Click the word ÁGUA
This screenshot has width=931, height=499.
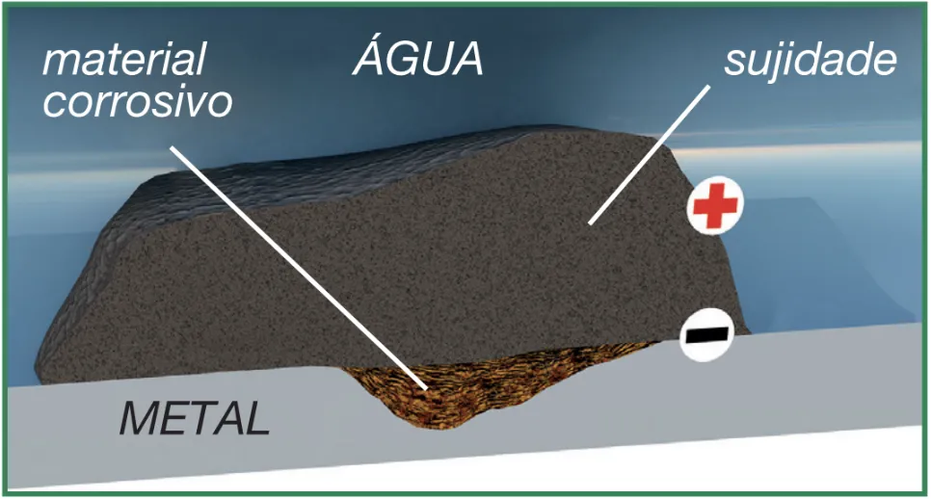click(417, 60)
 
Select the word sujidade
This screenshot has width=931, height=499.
click(811, 61)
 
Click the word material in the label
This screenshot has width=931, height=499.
click(122, 61)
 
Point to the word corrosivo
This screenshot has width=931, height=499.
click(138, 101)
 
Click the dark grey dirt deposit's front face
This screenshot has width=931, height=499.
click(386, 279)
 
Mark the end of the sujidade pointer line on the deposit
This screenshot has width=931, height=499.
click(590, 223)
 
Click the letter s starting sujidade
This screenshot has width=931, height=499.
click(734, 64)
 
